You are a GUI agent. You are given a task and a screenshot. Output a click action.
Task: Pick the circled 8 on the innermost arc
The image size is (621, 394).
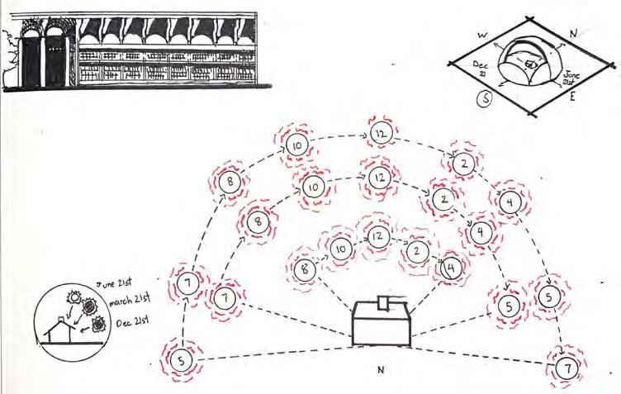point(305,268)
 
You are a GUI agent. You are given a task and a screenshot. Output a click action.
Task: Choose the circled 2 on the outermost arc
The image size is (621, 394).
point(465,164)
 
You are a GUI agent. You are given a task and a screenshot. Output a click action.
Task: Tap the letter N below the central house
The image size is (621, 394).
point(381,371)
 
